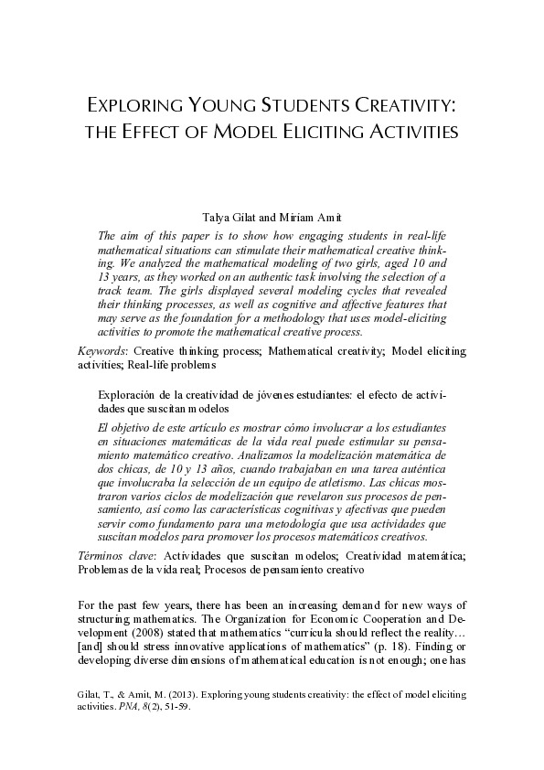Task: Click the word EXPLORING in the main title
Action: coord(138,102)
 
